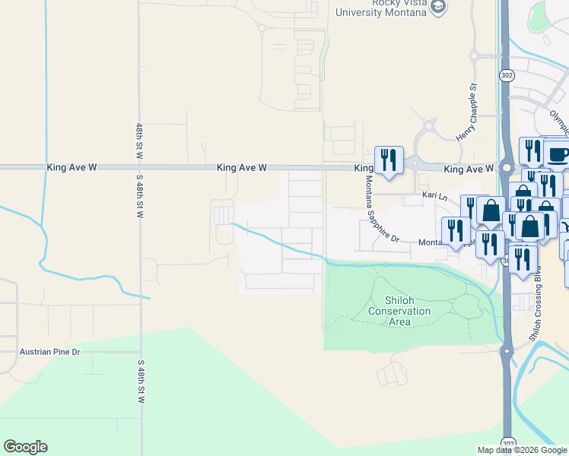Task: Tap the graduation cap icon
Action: [x=437, y=7]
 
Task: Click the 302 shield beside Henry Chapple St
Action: [x=507, y=75]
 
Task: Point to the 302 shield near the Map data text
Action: [x=507, y=442]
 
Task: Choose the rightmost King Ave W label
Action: [x=469, y=168]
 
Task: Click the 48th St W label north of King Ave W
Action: [x=140, y=141]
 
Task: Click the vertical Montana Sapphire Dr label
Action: [x=381, y=209]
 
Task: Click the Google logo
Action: [x=25, y=447]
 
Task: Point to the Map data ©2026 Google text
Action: [x=522, y=450]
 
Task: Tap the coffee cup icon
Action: [x=556, y=154]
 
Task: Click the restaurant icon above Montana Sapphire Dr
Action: [x=389, y=160]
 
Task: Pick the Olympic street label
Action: [x=560, y=122]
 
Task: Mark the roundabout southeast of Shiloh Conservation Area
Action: [x=505, y=351]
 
